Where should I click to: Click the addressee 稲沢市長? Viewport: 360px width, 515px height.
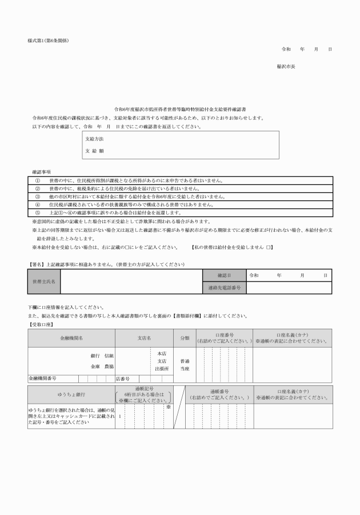[286, 66]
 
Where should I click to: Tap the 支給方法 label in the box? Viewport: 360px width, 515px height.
[94, 139]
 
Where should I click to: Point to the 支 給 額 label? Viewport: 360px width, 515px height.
[94, 151]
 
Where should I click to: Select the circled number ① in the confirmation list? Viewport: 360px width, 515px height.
[38, 180]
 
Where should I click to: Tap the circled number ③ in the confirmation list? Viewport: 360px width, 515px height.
[38, 196]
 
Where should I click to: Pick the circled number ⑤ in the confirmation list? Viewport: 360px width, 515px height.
[38, 212]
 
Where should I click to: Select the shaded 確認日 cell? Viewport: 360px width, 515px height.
[224, 275]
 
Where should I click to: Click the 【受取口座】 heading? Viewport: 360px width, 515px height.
[41, 324]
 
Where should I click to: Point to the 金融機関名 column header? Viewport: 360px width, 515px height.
[71, 338]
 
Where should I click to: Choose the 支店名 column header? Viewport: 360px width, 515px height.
[143, 338]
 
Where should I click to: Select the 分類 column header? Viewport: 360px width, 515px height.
[185, 338]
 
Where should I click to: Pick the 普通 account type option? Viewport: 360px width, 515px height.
[185, 361]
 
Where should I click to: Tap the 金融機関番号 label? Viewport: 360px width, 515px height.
[43, 378]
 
